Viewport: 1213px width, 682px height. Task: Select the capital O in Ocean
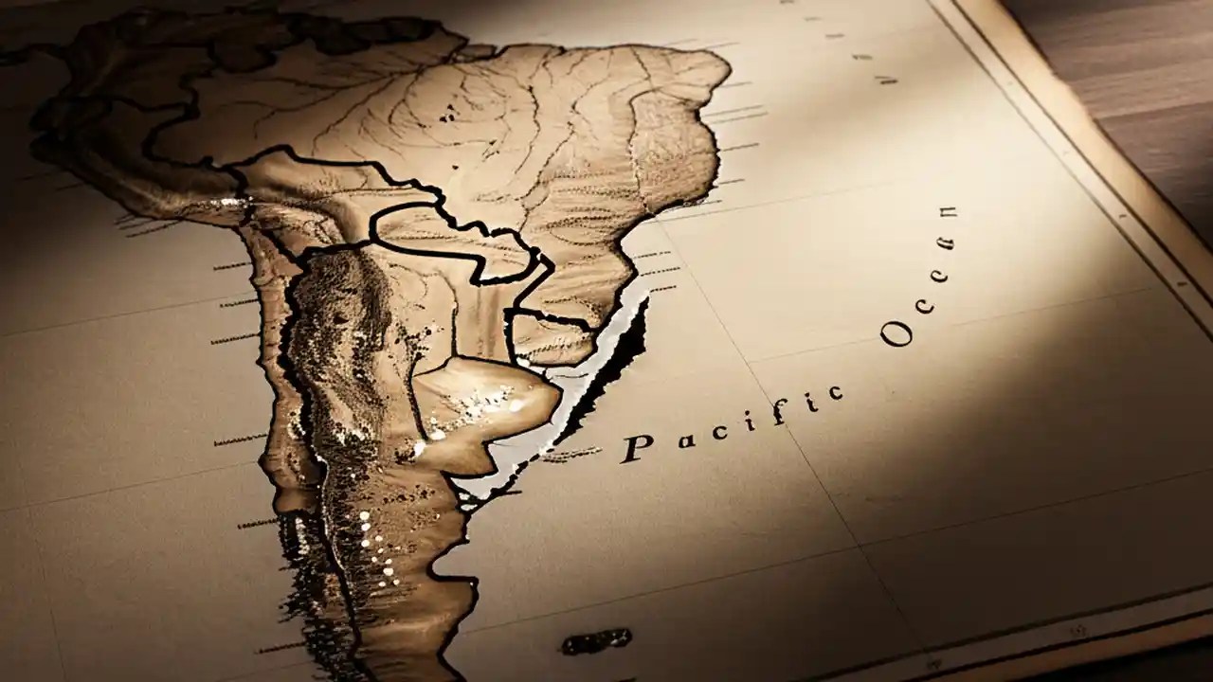pos(896,332)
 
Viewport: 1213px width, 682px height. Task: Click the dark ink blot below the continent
pos(596,642)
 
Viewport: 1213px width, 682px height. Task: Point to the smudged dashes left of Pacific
pos(570,455)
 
